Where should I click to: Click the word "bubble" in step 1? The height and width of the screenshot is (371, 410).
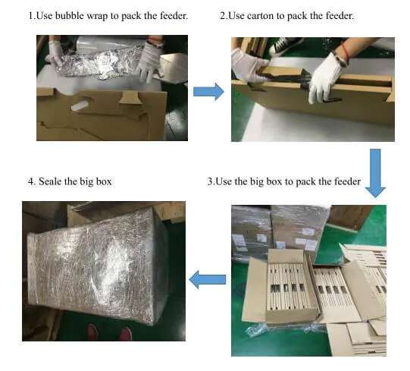point(70,16)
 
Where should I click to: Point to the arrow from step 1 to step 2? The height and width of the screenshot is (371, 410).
point(208,92)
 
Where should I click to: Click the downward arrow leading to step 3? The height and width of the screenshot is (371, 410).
point(375,173)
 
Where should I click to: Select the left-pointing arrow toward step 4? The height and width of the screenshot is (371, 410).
point(208,279)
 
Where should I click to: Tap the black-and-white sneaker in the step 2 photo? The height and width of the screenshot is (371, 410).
point(285,45)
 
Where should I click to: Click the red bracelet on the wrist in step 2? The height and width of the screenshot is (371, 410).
point(346,52)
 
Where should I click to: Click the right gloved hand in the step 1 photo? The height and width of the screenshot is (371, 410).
point(149,61)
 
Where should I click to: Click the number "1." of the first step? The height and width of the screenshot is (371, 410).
point(32,16)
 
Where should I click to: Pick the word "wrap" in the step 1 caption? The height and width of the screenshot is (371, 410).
point(97,16)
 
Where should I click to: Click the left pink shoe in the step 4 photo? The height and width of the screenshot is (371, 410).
point(92,332)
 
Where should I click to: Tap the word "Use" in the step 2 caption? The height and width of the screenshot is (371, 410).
point(236,16)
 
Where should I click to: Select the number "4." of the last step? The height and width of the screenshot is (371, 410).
point(32,181)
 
